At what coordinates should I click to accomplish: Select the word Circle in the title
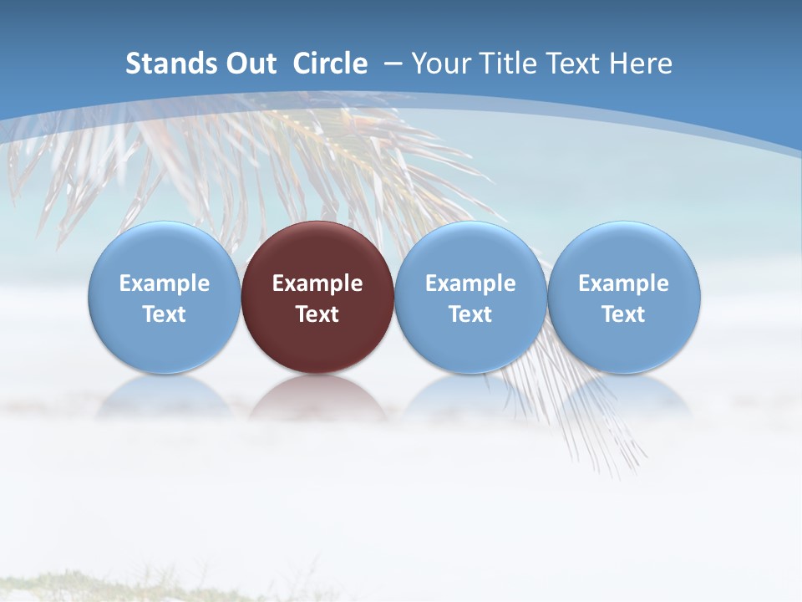330,64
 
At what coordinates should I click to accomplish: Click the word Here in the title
640,64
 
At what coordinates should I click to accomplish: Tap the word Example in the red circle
317,283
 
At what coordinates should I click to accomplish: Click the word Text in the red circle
317,314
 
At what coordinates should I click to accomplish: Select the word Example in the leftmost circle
165,283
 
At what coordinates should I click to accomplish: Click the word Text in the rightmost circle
624,314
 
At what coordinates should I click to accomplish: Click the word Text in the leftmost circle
165,314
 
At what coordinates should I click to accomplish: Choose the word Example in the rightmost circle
624,283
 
